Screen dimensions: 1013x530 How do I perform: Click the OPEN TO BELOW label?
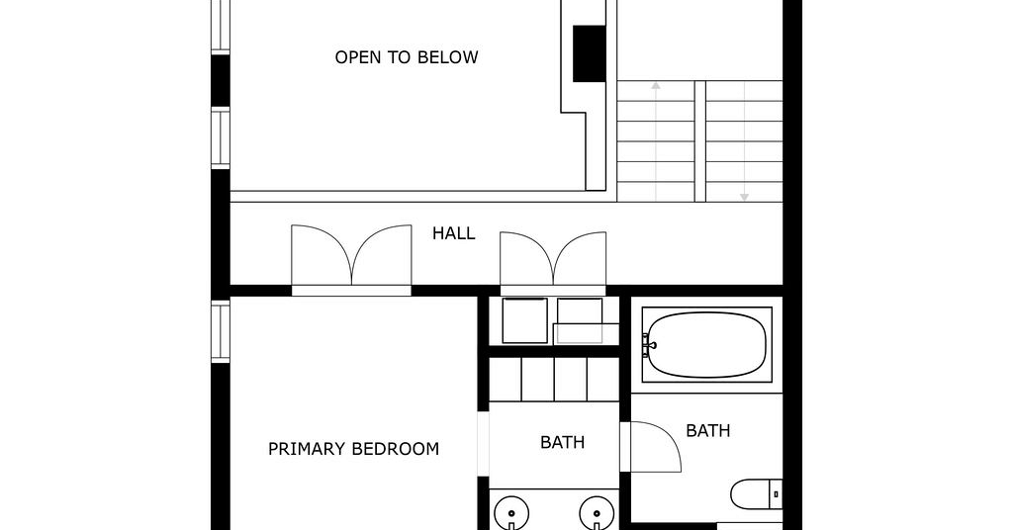coord(407,57)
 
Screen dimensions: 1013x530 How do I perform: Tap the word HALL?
coord(453,233)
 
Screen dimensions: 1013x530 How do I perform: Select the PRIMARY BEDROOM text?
coord(353,449)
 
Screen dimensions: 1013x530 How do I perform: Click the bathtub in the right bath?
coord(706,345)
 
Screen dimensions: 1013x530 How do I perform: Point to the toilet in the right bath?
coord(757,494)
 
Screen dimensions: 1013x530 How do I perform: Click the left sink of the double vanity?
coord(511,514)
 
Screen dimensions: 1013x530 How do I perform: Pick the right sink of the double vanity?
coord(597,514)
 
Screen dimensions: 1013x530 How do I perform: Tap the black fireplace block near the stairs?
coord(590,53)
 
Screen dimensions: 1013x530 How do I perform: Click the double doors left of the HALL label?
coord(351,259)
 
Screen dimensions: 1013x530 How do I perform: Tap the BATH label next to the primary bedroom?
coord(562,442)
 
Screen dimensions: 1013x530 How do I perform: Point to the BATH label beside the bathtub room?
coord(708,430)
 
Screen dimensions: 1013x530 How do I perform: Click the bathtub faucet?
coord(647,345)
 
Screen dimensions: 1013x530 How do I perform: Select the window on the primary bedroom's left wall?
coord(221,332)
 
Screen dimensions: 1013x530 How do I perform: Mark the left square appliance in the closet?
coord(525,320)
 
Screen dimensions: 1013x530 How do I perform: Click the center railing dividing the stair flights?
coord(700,141)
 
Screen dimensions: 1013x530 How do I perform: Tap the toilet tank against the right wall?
coord(776,494)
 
